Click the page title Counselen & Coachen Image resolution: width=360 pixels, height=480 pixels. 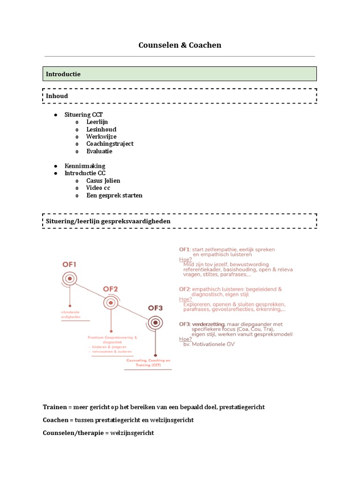[180, 45]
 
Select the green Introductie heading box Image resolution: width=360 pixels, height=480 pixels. [180, 74]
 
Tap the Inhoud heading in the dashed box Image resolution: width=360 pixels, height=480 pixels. [57, 96]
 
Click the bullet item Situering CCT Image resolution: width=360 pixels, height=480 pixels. [83, 115]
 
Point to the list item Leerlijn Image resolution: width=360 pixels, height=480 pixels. [97, 122]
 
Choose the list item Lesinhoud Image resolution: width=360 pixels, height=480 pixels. [101, 129]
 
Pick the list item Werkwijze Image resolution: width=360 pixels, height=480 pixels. [101, 136]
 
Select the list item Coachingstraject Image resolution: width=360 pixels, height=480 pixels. [110, 144]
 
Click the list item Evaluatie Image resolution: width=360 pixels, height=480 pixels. [99, 151]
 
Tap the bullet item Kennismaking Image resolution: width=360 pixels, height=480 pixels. [85, 166]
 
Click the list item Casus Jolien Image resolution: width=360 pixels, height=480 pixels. [103, 180]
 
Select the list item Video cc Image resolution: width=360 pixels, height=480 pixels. [98, 188]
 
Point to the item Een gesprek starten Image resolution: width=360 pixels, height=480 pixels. [114, 195]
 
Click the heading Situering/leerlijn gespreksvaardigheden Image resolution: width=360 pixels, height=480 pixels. [108, 221]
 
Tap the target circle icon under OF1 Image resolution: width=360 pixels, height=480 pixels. [69, 279]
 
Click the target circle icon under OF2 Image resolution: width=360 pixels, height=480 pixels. [111, 303]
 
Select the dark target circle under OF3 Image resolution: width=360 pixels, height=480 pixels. [155, 322]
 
